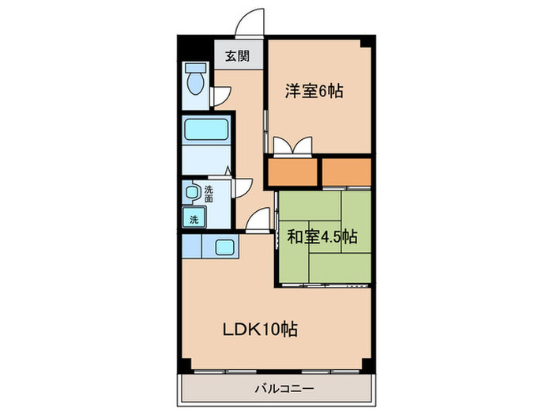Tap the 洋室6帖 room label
(314, 91)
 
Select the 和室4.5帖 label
(322, 236)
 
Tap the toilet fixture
(194, 80)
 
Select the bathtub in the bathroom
(205, 130)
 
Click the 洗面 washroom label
(209, 194)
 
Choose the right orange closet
(346, 171)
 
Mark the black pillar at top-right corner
(367, 41)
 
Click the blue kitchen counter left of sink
(192, 247)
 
